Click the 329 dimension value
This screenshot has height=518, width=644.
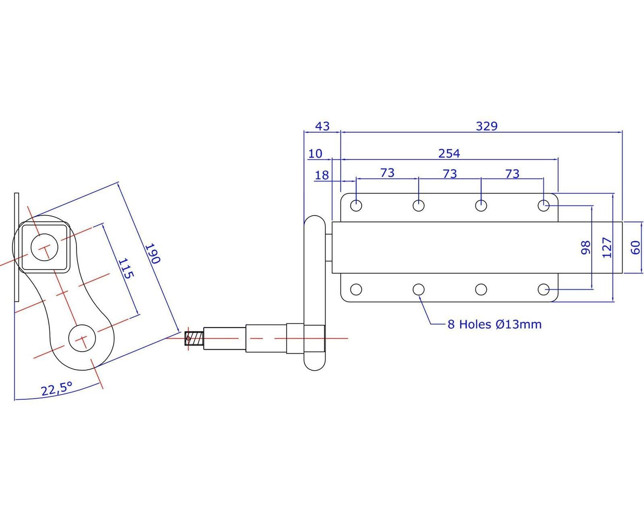(x=487, y=126)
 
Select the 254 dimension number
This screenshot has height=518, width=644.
(x=449, y=153)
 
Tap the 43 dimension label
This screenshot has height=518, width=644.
(x=322, y=126)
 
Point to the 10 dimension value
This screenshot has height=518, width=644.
(x=316, y=154)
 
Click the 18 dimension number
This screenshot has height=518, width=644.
(x=322, y=175)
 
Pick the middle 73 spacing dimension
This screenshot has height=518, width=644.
(x=450, y=174)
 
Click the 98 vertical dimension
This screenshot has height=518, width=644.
(x=586, y=247)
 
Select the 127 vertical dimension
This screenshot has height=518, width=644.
(x=607, y=247)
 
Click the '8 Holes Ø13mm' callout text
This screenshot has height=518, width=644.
(x=494, y=324)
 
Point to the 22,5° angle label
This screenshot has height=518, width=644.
(x=56, y=389)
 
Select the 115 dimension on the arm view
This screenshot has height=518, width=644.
(x=126, y=269)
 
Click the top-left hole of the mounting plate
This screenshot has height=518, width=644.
(x=356, y=206)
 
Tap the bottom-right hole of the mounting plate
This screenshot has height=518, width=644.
(x=544, y=289)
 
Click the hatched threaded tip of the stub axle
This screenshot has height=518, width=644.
(x=194, y=338)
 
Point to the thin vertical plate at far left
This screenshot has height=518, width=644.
(x=17, y=247)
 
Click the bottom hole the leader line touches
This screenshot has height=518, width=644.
(x=419, y=289)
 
